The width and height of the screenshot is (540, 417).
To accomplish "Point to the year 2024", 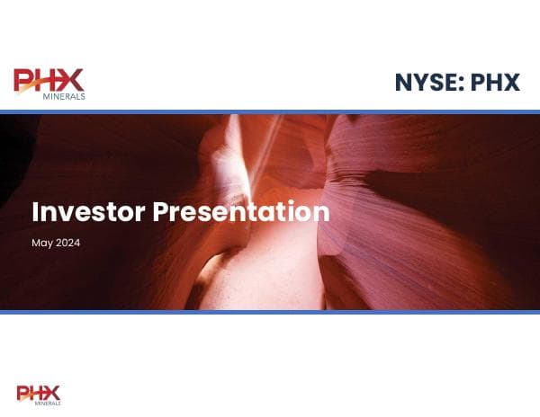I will [68, 243].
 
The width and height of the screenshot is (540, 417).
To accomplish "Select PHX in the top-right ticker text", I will [496, 83].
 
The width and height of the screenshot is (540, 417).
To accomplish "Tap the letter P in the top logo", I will [24, 81].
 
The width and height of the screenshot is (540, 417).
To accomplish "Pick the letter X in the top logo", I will [72, 80].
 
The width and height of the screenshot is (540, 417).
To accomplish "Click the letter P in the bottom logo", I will [23, 393].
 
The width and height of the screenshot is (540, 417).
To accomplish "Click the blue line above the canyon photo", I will [270, 111].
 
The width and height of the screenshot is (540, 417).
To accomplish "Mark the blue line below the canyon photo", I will [270, 312].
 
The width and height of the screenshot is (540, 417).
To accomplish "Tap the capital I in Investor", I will [35, 213].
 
